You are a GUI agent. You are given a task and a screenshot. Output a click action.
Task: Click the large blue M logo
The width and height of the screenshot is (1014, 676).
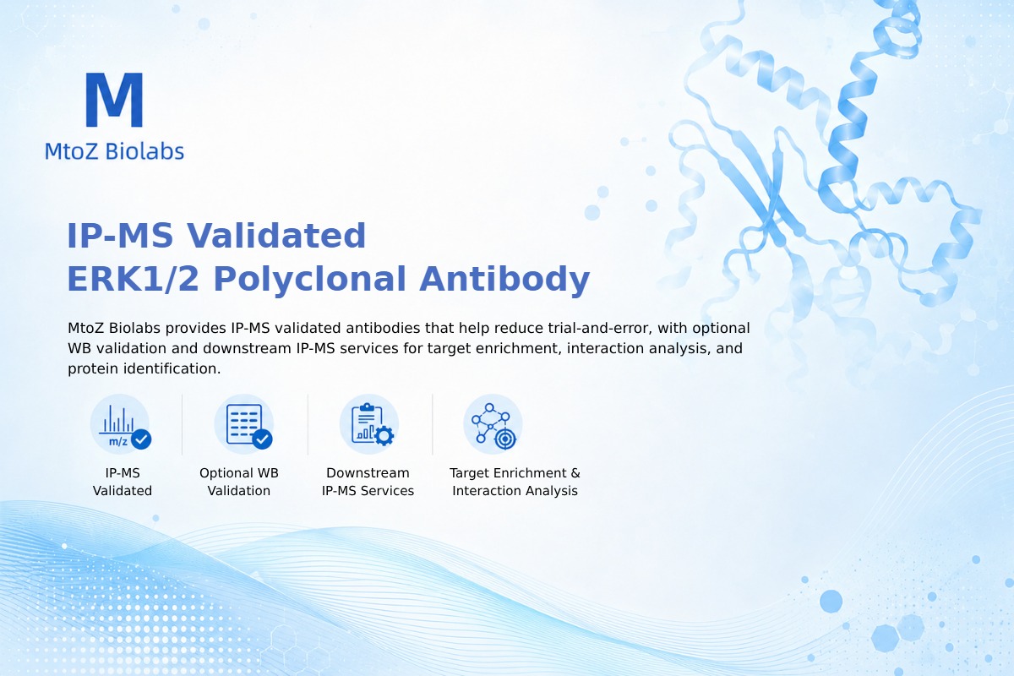114,100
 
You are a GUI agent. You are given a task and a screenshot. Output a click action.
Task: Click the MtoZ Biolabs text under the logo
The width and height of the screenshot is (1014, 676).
115,151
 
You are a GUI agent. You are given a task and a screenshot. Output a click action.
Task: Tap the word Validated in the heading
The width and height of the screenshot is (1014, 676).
276,236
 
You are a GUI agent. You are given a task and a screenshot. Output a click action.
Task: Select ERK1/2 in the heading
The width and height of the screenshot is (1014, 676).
134,279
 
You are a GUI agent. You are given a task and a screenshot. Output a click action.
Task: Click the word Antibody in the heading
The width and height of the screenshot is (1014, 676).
504,280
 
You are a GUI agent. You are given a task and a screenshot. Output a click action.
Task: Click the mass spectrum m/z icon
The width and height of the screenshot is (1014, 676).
120,424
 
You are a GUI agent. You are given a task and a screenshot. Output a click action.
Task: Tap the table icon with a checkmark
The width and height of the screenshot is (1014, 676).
244,424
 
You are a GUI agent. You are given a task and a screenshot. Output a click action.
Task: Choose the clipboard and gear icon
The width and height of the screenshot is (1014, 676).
369,424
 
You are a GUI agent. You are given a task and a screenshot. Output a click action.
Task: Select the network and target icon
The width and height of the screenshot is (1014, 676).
493,424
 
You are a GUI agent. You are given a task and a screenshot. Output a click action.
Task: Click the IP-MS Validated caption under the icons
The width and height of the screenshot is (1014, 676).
123,482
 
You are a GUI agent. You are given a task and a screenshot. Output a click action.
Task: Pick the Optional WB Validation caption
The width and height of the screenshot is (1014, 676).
239,482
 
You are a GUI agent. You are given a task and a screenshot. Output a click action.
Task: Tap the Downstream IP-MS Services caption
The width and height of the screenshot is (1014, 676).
368,482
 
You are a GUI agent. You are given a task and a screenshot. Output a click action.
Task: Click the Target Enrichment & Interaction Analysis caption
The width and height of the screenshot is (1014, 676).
515,482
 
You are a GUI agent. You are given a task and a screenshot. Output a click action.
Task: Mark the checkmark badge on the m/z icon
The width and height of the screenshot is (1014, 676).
141,439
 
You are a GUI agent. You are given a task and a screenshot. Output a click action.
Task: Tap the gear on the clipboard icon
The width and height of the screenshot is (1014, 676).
384,436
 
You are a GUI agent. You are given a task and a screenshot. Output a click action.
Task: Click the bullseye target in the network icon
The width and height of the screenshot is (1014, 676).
505,439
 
